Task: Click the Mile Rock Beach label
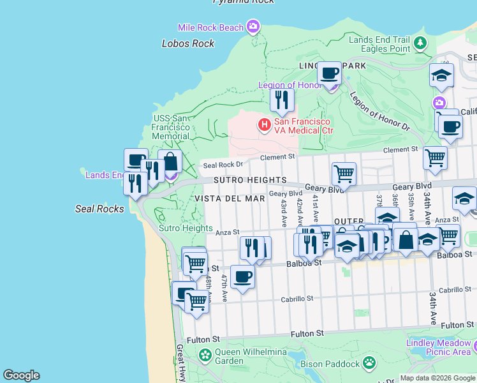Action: (210, 27)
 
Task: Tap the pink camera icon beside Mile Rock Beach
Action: (253, 27)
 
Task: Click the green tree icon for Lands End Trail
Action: (420, 43)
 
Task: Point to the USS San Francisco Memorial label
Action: (172, 127)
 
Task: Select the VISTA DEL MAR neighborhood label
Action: (230, 199)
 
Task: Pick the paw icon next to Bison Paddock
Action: (369, 363)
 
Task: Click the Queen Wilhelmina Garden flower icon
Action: (205, 354)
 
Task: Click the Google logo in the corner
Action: (21, 375)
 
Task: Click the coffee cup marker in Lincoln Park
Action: (330, 74)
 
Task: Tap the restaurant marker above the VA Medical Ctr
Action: (280, 100)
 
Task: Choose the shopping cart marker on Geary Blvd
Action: (344, 173)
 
